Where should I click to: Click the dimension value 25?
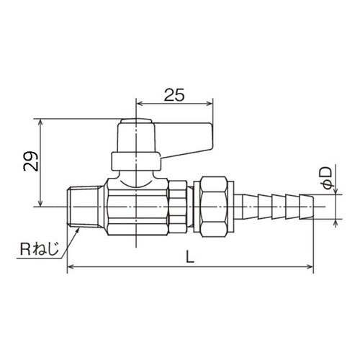tap(174, 95)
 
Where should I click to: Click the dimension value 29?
tap(31, 161)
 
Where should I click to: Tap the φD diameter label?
tap(328, 179)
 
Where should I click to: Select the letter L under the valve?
tap(190, 256)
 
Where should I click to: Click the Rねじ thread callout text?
tap(39, 249)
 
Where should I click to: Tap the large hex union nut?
tap(215, 207)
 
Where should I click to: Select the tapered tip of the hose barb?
tap(307, 207)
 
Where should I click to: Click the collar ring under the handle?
tap(135, 161)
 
